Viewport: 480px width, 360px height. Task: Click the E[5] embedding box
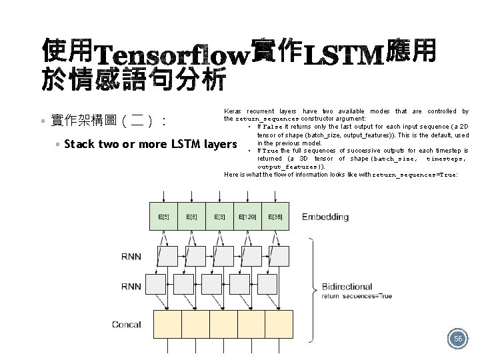pos(163,217)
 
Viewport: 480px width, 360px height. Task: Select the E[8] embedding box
pos(191,217)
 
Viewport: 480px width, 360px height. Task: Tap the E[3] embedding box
pos(219,217)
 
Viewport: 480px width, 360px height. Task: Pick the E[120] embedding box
pos(247,217)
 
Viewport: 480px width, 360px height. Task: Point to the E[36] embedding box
pos(275,217)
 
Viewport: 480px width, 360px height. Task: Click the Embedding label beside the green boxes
pos(325,217)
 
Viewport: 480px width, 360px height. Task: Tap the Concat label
pos(127,325)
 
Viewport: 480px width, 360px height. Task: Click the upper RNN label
pos(131,256)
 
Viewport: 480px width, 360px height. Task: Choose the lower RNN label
pos(131,287)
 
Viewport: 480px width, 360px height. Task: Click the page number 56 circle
pos(457,339)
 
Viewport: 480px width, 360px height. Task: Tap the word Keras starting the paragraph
pos(233,111)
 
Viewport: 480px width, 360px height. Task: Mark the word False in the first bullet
pos(273,127)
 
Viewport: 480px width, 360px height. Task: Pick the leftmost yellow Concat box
pos(168,325)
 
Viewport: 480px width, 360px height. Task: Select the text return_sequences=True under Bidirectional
pos(357,295)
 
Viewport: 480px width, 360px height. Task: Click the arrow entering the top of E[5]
pos(163,196)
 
